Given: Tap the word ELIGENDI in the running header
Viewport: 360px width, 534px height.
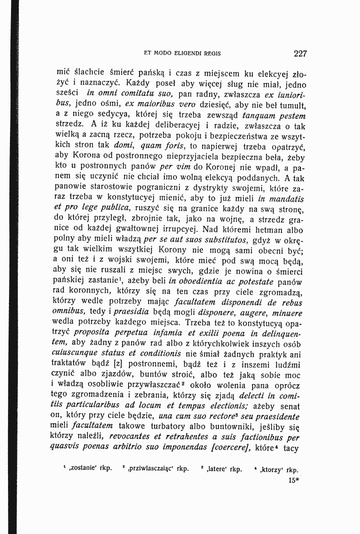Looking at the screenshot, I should [182, 53].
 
